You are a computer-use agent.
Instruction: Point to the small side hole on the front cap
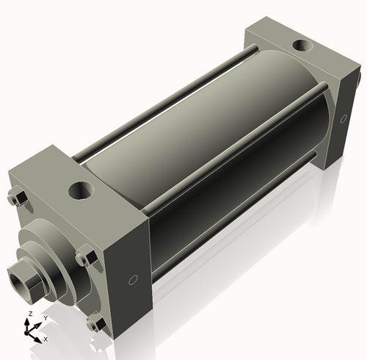(133, 279)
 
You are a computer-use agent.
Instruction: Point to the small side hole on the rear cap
(343, 118)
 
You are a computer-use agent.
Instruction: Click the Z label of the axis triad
(29, 314)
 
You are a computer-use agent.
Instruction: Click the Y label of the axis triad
(45, 318)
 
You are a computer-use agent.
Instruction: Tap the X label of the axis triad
(46, 339)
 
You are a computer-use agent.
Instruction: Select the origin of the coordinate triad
(31, 332)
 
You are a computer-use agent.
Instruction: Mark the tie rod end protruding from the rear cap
(360, 74)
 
